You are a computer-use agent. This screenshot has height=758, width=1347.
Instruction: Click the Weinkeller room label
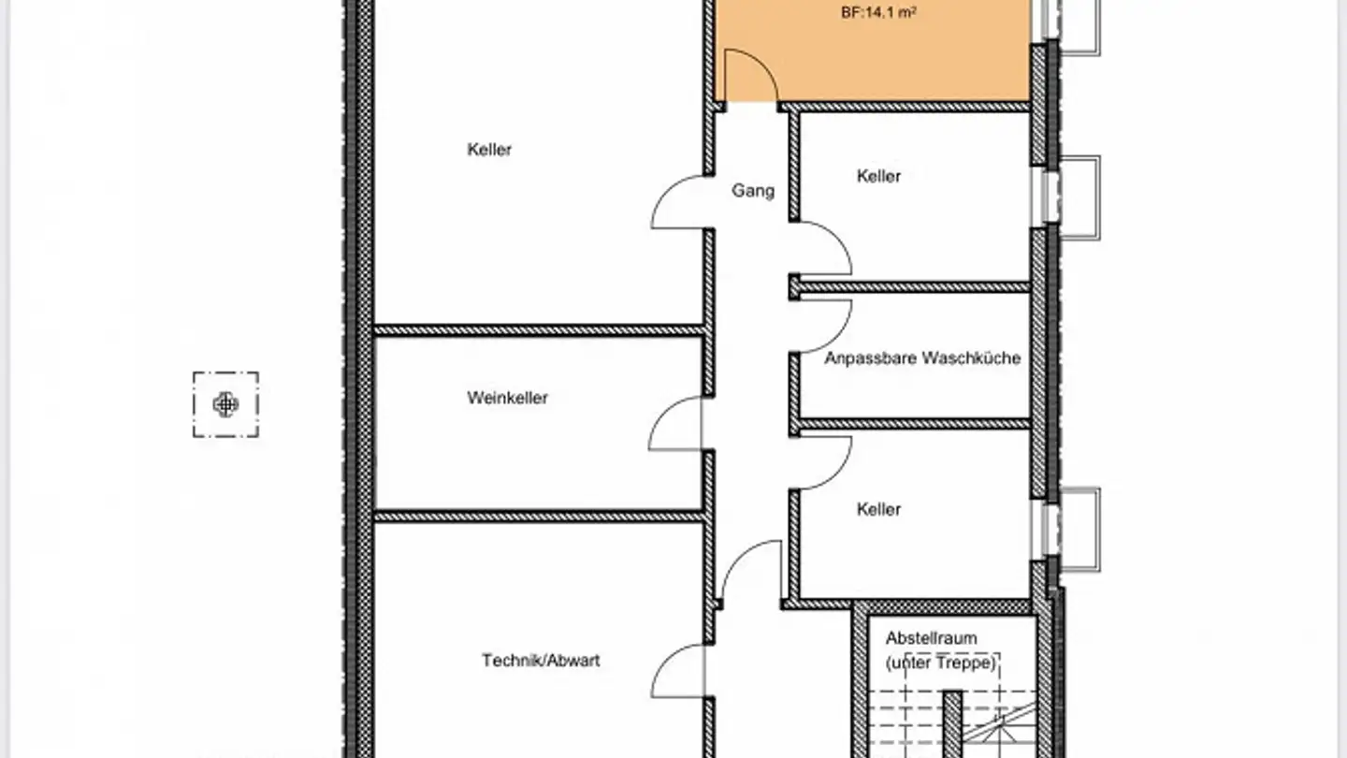tap(507, 398)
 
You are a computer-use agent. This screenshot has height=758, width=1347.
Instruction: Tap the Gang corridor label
tap(753, 191)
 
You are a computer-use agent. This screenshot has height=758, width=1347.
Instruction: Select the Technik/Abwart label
tap(541, 660)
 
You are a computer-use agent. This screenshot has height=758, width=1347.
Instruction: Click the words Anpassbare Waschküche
tap(921, 357)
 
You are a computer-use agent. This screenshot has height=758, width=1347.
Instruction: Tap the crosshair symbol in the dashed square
tap(225, 404)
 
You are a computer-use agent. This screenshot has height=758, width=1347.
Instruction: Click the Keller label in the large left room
tap(489, 149)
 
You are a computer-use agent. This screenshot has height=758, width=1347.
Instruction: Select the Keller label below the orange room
tap(878, 175)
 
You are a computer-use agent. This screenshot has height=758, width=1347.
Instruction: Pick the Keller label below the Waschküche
tap(878, 509)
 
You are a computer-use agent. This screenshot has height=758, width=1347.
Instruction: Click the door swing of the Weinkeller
tap(673, 423)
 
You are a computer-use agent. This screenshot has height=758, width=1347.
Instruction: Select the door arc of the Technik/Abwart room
tap(675, 670)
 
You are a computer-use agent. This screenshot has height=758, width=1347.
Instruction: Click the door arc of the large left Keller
tap(675, 202)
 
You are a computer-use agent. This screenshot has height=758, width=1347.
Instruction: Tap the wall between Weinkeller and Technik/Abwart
tap(539, 516)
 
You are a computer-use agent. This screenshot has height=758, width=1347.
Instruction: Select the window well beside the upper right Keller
tap(1080, 197)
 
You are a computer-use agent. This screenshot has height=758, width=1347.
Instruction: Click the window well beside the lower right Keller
tap(1080, 529)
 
